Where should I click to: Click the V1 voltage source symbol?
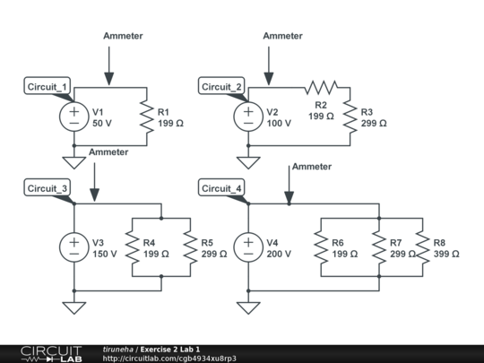[73, 117]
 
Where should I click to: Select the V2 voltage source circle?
[248, 117]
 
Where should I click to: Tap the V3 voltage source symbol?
[73, 246]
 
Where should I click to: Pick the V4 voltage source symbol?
[248, 246]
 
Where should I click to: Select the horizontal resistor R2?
[320, 87]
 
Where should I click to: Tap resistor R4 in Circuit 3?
[132, 247]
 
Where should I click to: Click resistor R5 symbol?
[190, 247]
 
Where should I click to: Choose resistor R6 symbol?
[320, 247]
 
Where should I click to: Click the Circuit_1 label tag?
[48, 86]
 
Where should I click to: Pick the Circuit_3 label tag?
[48, 188]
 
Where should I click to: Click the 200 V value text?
[280, 254]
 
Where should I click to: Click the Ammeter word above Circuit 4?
[312, 167]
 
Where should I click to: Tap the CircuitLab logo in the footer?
[51, 352]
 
